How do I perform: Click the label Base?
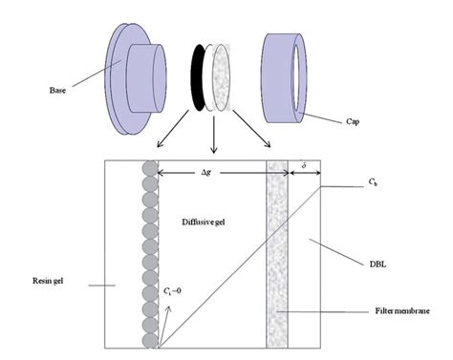pyautogui.click(x=57, y=90)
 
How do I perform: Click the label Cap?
pyautogui.click(x=353, y=121)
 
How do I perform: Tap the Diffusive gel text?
pyautogui.click(x=204, y=222)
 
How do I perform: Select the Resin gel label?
pyautogui.click(x=48, y=281)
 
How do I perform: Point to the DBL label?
pyautogui.click(x=377, y=264)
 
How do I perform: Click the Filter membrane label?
pyautogui.click(x=402, y=310)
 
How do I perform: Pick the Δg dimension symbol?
pyautogui.click(x=206, y=172)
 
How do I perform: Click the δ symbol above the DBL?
pyautogui.click(x=304, y=166)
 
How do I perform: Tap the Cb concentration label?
pyautogui.click(x=373, y=182)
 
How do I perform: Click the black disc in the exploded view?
pyautogui.click(x=198, y=77)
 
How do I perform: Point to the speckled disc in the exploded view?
pyautogui.click(x=221, y=77)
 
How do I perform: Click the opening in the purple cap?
pyautogui.click(x=296, y=77)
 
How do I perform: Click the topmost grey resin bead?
pyautogui.click(x=150, y=168)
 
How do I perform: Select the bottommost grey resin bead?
pyautogui.click(x=150, y=340)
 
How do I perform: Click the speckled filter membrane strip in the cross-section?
pyautogui.click(x=277, y=254)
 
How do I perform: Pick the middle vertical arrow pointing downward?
pyautogui.click(x=214, y=135)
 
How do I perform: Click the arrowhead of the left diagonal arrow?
pyautogui.click(x=159, y=145)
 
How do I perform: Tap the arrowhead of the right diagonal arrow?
pyautogui.click(x=269, y=145)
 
